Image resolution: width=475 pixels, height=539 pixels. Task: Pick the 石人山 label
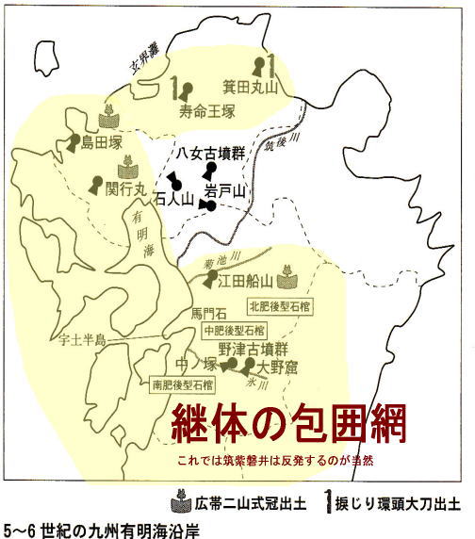pos(172,199)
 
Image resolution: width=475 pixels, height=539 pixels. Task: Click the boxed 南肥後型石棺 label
pos(182,384)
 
